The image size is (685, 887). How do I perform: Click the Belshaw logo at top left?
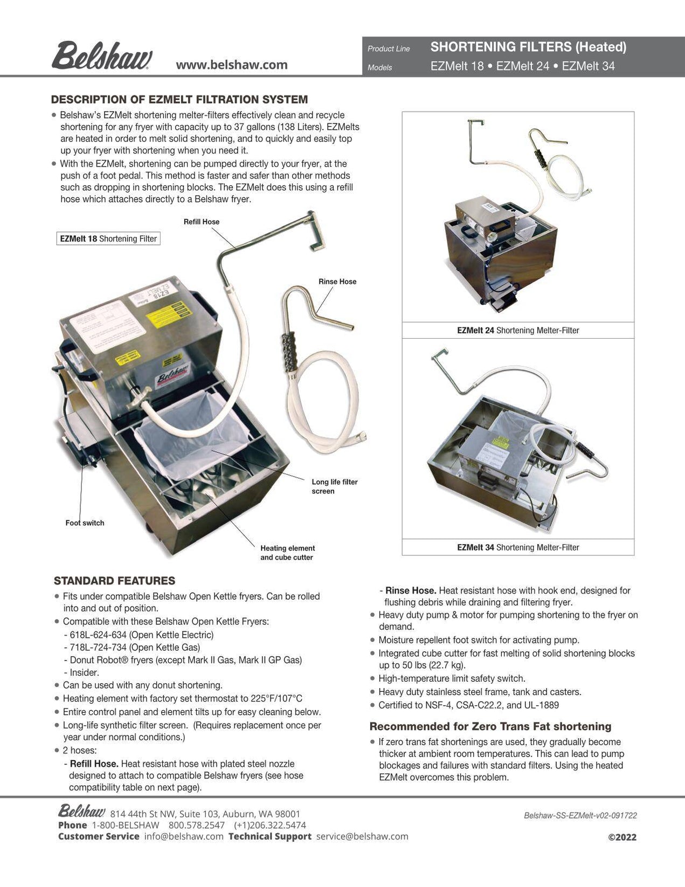[101, 56]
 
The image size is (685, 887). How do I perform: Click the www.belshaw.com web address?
[232, 65]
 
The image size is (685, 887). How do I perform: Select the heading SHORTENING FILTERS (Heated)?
[528, 47]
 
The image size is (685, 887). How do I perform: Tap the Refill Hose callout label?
[201, 222]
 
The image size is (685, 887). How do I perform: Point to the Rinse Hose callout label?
[337, 281]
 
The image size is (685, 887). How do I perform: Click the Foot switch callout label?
[85, 522]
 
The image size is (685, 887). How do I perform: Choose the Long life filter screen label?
[334, 486]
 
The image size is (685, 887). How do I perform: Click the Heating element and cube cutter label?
[287, 553]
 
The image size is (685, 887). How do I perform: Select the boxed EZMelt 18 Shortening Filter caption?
[108, 238]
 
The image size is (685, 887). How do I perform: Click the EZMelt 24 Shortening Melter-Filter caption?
[518, 330]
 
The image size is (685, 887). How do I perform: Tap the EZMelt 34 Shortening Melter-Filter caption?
[518, 547]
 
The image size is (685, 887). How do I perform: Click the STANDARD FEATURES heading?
[114, 581]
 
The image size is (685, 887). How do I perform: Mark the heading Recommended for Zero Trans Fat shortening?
[490, 726]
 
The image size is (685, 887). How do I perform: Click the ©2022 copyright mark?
[622, 837]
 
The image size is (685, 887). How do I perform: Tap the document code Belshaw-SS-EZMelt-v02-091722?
[580, 816]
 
